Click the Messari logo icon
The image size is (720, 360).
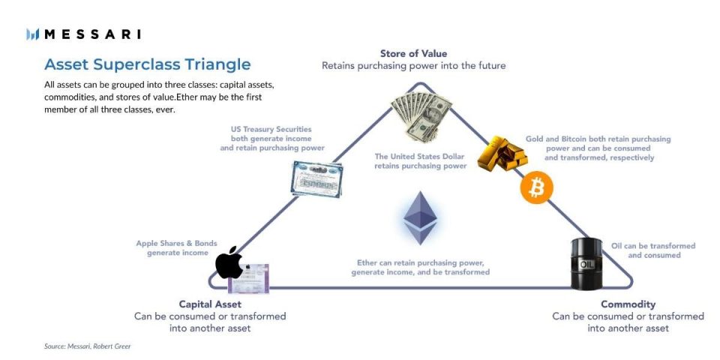[x=32, y=34]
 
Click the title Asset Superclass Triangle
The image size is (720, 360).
[x=148, y=64]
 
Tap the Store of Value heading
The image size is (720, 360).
[x=413, y=54]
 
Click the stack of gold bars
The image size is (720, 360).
[x=502, y=153]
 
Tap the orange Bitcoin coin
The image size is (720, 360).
[x=536, y=187]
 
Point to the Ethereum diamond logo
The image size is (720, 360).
[x=420, y=217]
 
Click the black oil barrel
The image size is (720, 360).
[x=586, y=263]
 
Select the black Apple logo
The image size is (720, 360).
[x=229, y=262]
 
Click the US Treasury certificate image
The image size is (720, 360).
[x=316, y=179]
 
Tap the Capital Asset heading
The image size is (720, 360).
[x=210, y=304]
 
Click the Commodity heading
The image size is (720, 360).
[x=628, y=304]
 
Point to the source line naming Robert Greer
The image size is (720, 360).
[x=87, y=346]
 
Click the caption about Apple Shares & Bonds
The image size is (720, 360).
[x=176, y=248]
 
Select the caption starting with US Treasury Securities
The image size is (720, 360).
[x=272, y=139]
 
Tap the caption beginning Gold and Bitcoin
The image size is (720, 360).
[x=598, y=148]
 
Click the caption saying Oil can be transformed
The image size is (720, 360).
[x=653, y=250]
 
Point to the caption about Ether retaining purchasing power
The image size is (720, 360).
[x=420, y=267]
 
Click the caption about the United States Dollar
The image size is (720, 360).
[x=420, y=161]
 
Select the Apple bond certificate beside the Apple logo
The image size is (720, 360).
[x=248, y=278]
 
